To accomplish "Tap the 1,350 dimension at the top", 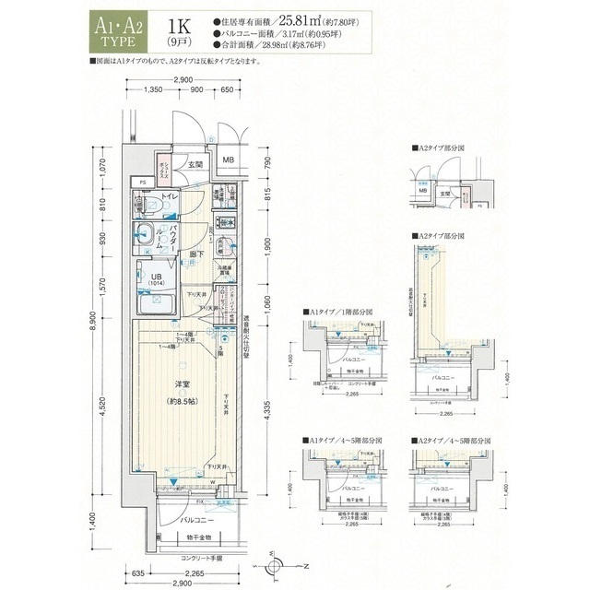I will pos(155,90).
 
